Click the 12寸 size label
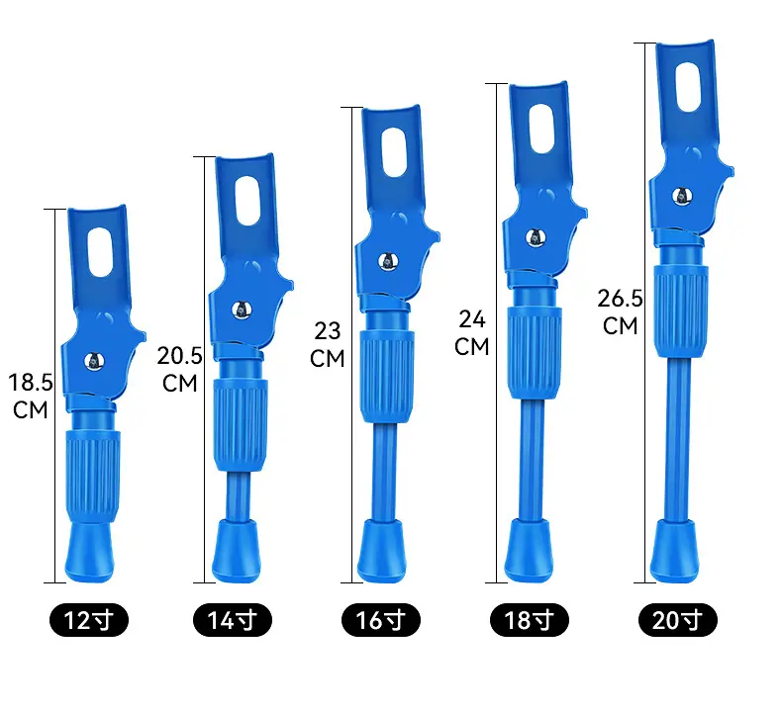click(89, 620)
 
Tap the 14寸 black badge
click(233, 620)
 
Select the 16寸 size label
click(381, 620)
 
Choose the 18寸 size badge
click(530, 620)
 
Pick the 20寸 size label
click(678, 620)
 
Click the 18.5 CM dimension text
click(31, 397)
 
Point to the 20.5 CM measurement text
click(179, 369)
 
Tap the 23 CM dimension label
click(328, 344)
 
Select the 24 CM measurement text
click(472, 333)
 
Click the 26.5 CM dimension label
click(620, 311)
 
